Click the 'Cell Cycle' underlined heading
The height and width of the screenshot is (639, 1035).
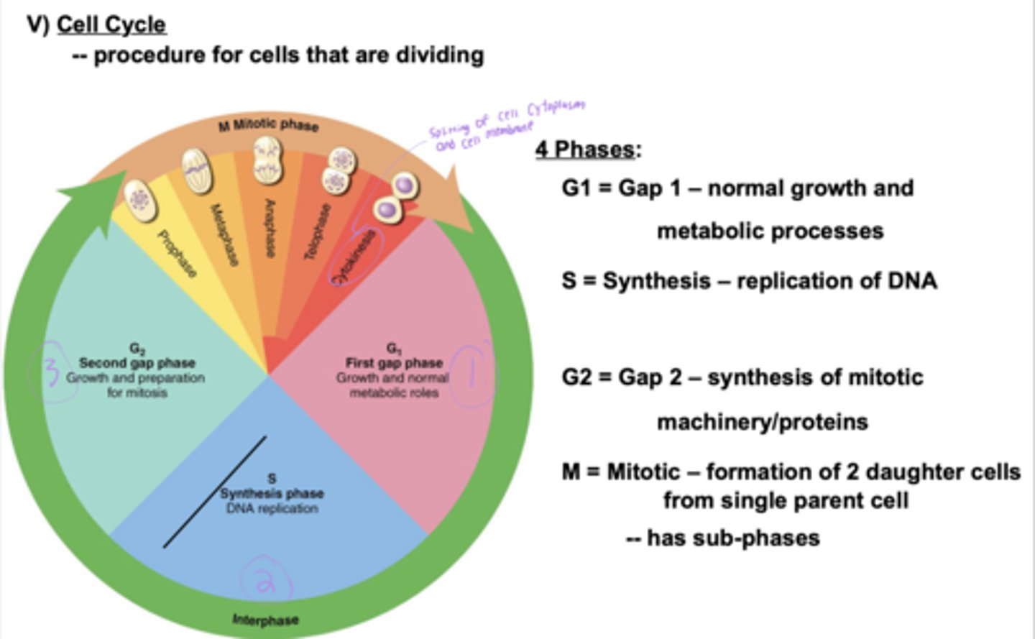[111, 24]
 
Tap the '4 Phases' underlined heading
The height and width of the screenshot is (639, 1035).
[585, 149]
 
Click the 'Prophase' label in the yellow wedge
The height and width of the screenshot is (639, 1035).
[177, 253]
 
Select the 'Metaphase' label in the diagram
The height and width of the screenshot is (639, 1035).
[224, 234]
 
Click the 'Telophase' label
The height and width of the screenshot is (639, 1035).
[317, 231]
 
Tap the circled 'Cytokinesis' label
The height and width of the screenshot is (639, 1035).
[353, 256]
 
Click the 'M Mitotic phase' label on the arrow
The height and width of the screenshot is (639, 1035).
[268, 125]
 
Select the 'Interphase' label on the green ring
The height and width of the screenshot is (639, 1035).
[265, 620]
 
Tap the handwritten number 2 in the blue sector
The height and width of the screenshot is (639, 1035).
[266, 580]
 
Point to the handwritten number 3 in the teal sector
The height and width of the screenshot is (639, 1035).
[50, 372]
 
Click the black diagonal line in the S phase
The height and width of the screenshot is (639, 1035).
[214, 492]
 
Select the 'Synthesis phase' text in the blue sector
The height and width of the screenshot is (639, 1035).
[272, 493]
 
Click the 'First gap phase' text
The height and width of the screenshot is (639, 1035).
[394, 362]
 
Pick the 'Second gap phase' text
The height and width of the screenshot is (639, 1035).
[137, 362]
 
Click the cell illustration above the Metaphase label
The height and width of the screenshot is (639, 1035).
[197, 170]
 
